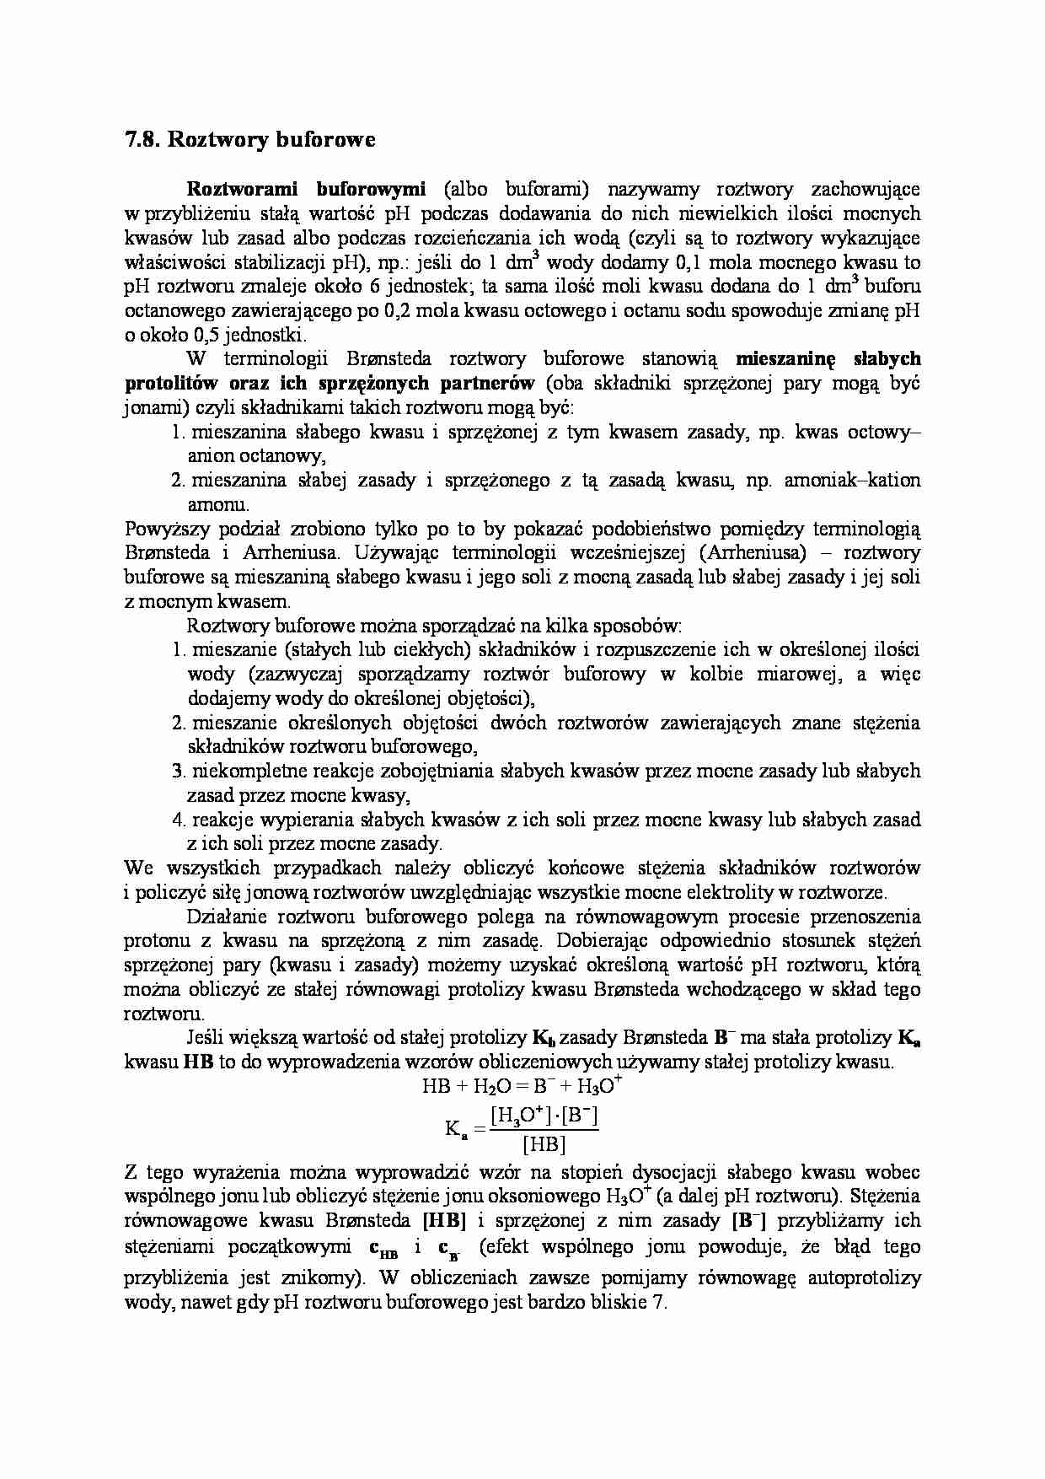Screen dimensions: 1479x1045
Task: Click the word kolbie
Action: point(715,675)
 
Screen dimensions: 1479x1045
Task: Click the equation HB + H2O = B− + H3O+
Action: point(522,1086)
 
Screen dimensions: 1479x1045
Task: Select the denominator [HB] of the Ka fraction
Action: point(544,1144)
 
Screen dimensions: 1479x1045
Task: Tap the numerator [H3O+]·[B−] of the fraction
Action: point(544,1116)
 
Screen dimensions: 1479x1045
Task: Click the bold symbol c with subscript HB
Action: point(383,1248)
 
